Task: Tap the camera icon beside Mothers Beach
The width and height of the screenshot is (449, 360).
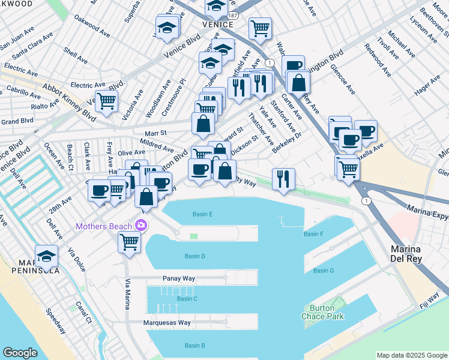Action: (x=141, y=226)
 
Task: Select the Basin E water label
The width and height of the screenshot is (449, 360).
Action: (x=203, y=214)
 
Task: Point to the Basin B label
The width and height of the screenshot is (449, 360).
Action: (x=195, y=346)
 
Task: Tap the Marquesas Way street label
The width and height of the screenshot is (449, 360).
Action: (x=167, y=323)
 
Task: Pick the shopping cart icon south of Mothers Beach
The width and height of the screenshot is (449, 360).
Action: (x=130, y=242)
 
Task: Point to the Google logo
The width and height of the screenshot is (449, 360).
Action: (x=20, y=353)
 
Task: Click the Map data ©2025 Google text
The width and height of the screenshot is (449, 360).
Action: (x=411, y=355)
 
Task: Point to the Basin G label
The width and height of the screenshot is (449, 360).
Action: (x=323, y=271)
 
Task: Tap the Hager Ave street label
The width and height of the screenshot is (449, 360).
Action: (x=427, y=91)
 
